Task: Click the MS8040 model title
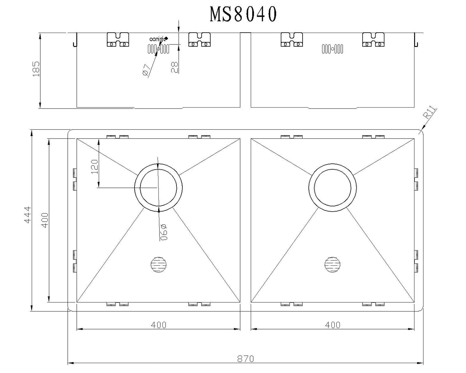tap(243, 14)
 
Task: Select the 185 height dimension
tap(36, 69)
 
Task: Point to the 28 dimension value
tap(174, 67)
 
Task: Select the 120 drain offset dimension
tap(94, 166)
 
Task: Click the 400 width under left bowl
tap(158, 325)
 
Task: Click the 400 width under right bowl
tap(333, 325)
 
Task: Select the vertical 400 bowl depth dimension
tap(45, 220)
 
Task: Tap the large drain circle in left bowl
tap(158, 188)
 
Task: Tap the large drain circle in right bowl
tap(332, 188)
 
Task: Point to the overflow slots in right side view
tap(332, 49)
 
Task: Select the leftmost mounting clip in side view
tap(118, 39)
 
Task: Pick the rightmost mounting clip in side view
tap(373, 39)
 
